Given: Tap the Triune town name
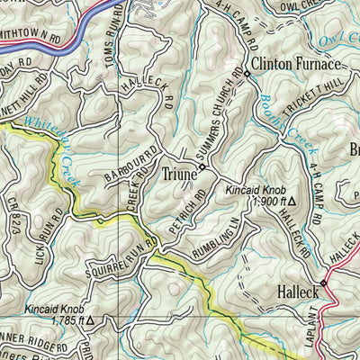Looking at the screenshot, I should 180,167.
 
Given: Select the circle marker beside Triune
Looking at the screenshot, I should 203,167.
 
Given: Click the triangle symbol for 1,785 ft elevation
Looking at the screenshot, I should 90,319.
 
